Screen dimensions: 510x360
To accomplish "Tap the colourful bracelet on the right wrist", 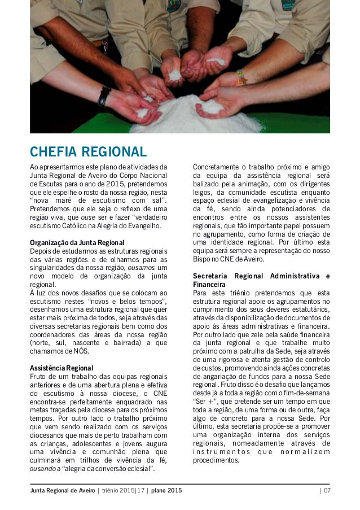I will (x=241, y=76).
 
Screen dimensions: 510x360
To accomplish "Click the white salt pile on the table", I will (x=186, y=116).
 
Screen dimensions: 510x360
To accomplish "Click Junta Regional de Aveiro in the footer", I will (x=62, y=490).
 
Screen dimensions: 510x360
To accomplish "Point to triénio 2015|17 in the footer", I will (x=117, y=490).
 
